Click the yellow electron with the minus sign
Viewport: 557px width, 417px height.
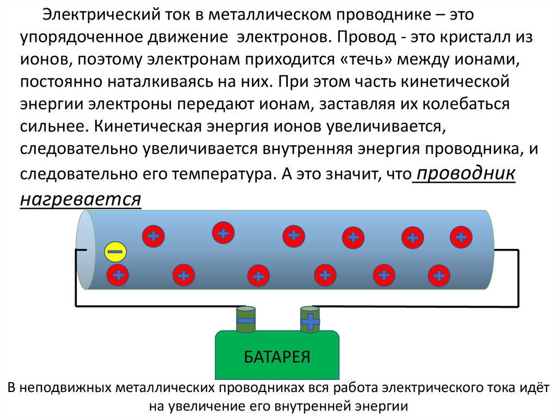115,252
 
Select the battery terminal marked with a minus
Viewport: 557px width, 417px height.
245,320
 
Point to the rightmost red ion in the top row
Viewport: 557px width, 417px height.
461,236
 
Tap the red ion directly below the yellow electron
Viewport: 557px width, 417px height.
117,275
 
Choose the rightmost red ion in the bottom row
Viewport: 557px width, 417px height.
438,275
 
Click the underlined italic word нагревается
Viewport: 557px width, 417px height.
81,199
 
